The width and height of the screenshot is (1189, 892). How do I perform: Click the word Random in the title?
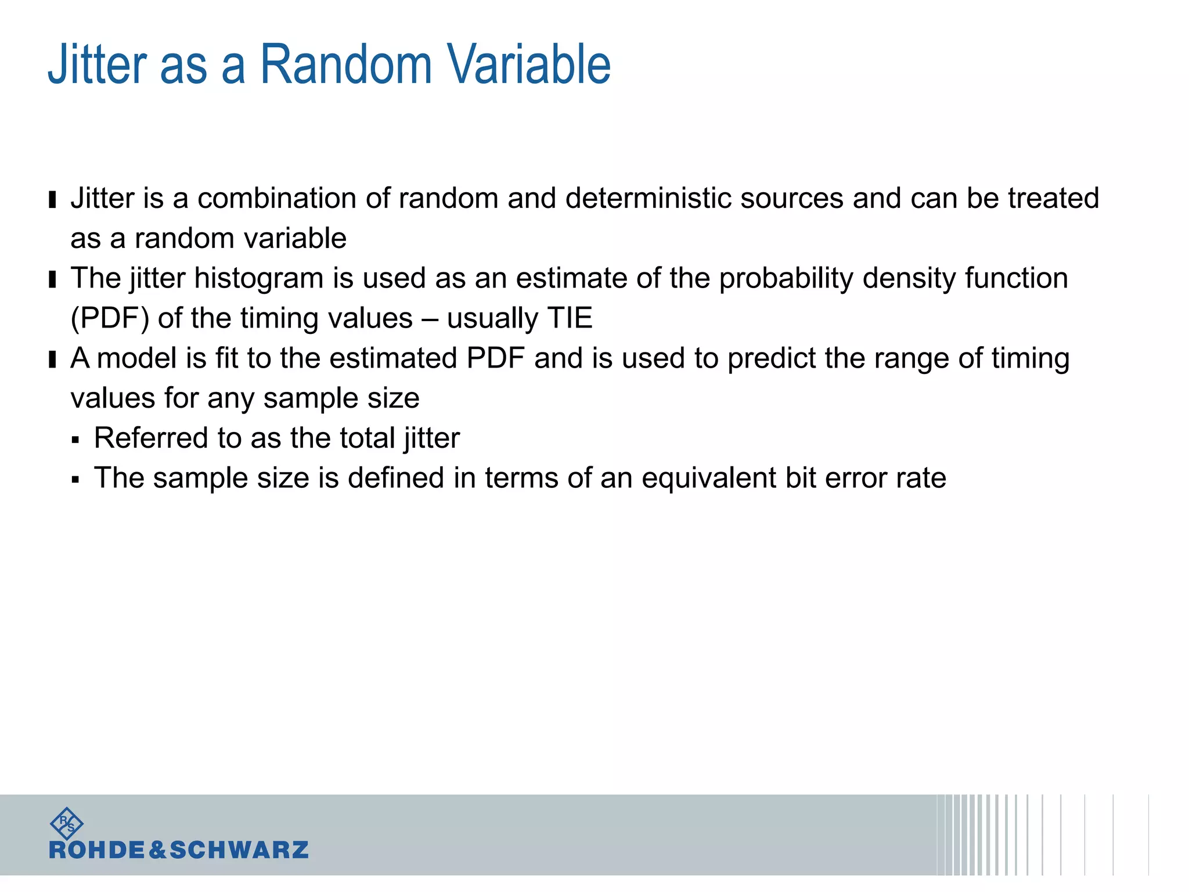(x=345, y=64)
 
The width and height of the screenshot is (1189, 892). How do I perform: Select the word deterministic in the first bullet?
(x=648, y=199)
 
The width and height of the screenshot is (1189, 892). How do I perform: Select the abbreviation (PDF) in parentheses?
(x=110, y=319)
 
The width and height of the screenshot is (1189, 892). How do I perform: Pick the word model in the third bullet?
(x=137, y=358)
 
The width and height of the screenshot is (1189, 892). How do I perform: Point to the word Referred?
(x=151, y=438)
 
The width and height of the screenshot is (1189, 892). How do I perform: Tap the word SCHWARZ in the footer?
(x=239, y=850)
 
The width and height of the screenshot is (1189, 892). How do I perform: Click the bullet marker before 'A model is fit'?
(x=53, y=359)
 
